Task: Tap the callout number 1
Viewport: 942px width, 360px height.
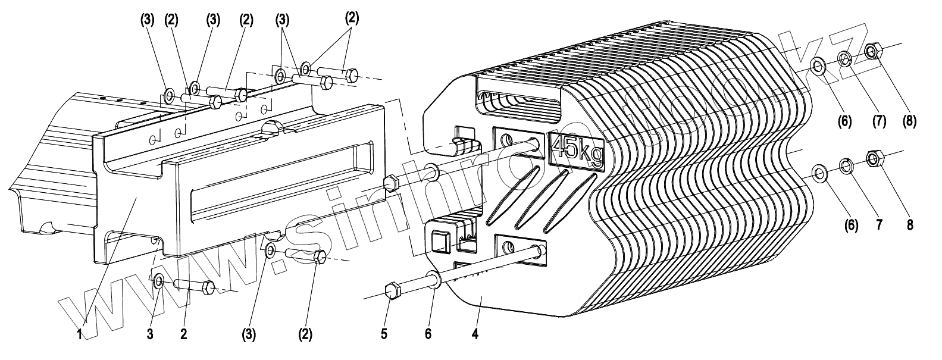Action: [79, 334]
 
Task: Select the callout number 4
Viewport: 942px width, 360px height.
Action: [474, 334]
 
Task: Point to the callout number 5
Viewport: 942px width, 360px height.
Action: [384, 334]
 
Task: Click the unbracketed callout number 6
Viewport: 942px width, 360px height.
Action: [427, 334]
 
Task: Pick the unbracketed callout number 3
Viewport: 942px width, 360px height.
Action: [150, 334]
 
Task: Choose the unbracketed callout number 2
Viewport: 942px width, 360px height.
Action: [183, 334]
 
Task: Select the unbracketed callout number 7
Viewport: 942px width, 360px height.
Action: [878, 225]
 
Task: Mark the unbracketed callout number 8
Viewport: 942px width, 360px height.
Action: [908, 225]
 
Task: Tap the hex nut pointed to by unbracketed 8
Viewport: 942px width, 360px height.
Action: [873, 159]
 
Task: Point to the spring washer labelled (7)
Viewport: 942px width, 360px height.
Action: [845, 58]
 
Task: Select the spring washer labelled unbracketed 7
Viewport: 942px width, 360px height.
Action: [845, 165]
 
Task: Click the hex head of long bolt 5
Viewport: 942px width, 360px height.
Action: [393, 292]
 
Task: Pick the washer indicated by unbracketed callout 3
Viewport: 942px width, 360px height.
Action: [159, 281]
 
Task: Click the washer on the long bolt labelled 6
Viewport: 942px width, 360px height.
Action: [433, 280]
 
